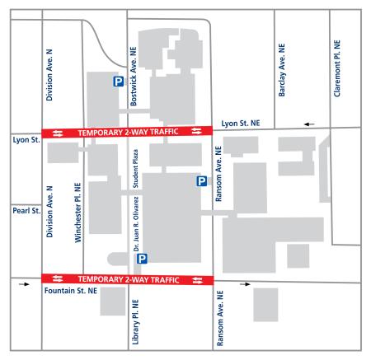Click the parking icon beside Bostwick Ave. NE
(x=119, y=82)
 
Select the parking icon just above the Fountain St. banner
(x=142, y=259)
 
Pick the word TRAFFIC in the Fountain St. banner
(x=164, y=280)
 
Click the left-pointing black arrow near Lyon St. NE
(x=308, y=124)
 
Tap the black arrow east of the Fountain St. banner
(x=244, y=284)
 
